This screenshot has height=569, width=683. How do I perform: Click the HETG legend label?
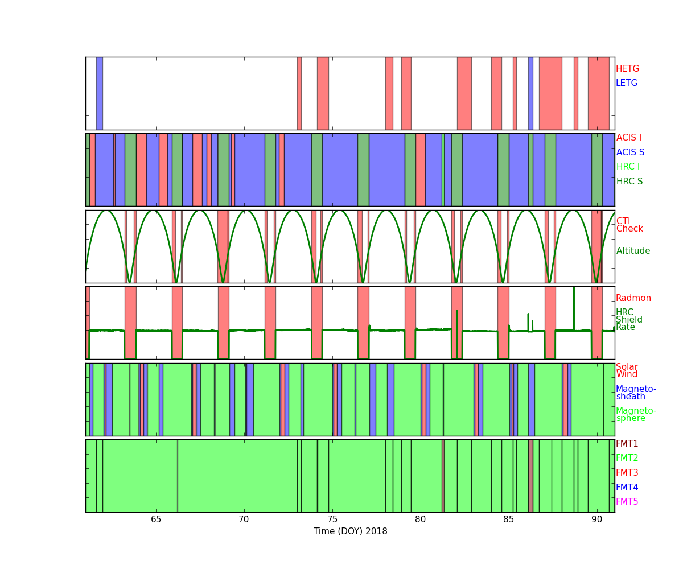[x=627, y=69]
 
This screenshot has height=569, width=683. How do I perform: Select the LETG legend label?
[x=627, y=83]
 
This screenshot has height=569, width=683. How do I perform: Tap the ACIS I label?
[x=629, y=138]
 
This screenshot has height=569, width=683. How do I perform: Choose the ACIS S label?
[x=630, y=152]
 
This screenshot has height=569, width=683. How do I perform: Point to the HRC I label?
[x=628, y=167]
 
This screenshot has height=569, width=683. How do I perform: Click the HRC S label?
[x=629, y=181]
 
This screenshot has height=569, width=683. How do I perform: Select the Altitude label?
[x=633, y=251]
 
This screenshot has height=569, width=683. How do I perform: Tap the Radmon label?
[x=633, y=298]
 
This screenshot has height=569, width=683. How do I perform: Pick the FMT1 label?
[x=627, y=443]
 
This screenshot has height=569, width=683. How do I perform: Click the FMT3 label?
[x=627, y=472]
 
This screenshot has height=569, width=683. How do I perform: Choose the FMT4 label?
[x=627, y=487]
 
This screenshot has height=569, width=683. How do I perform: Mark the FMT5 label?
[x=627, y=501]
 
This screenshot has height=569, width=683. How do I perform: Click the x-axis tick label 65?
[x=156, y=519]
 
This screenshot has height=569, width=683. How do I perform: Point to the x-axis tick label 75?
[x=332, y=519]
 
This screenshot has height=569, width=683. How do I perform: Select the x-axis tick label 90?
[x=597, y=519]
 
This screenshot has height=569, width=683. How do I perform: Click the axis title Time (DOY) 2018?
[x=351, y=531]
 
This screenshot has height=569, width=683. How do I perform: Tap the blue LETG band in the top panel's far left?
[x=100, y=93]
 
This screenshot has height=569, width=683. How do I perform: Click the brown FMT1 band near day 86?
[x=530, y=476]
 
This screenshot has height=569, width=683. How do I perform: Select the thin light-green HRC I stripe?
[x=443, y=170]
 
